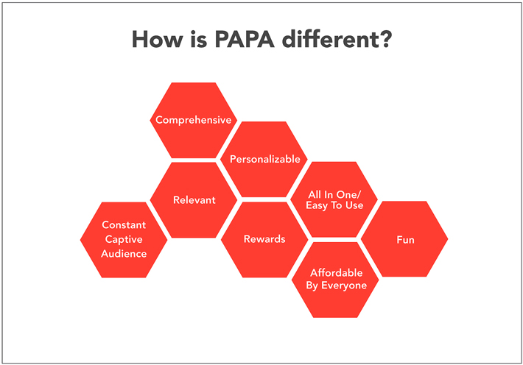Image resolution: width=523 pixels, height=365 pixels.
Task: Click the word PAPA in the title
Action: (245, 39)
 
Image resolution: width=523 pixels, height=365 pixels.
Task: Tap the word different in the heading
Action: (330, 39)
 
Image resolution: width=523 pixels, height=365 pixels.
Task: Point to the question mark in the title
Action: (385, 39)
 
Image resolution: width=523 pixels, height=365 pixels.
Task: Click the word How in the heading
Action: (158, 39)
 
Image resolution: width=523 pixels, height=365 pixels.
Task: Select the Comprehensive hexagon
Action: (194, 121)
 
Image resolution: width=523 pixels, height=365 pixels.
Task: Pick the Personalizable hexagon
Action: (264, 160)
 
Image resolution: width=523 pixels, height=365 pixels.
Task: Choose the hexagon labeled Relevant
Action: (194, 200)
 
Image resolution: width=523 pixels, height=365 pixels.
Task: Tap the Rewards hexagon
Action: (264, 239)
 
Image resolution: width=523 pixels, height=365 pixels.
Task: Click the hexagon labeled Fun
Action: (404, 239)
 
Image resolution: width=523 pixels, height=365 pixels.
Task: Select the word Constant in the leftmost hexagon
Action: (124, 225)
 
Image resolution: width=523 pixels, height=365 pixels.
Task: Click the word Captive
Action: (124, 239)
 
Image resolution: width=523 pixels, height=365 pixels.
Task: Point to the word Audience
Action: (124, 254)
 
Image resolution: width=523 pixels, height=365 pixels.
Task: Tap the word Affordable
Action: (336, 273)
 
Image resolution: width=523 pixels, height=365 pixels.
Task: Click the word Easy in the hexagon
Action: (317, 205)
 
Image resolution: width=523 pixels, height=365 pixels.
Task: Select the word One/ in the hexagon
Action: (348, 195)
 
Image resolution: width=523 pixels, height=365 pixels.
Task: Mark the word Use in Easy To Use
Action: (354, 205)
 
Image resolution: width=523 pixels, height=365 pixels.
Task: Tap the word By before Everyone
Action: (312, 286)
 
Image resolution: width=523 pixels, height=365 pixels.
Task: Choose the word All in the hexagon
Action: (314, 195)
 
